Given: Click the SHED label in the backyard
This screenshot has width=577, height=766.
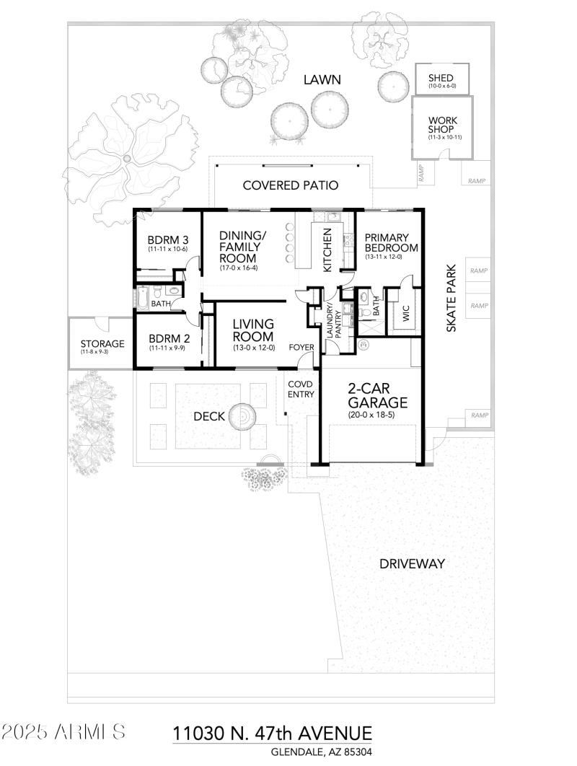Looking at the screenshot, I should pyautogui.click(x=441, y=78).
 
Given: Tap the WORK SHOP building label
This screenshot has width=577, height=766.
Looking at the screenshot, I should pyautogui.click(x=441, y=125).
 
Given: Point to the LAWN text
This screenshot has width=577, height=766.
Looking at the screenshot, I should pyautogui.click(x=321, y=80).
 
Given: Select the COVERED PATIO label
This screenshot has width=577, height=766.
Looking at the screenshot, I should pyautogui.click(x=290, y=185).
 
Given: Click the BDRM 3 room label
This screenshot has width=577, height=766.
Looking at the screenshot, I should pyautogui.click(x=167, y=240).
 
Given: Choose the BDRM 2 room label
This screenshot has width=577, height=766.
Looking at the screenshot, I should pyautogui.click(x=167, y=339).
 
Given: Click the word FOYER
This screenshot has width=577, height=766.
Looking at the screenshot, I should pyautogui.click(x=301, y=348).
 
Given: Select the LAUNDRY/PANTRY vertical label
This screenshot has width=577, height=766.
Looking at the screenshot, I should pyautogui.click(x=332, y=322).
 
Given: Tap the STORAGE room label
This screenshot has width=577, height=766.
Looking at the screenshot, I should pyautogui.click(x=102, y=344).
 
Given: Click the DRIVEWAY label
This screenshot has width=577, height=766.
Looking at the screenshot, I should pyautogui.click(x=412, y=564).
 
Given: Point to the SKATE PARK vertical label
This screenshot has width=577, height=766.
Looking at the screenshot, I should pyautogui.click(x=452, y=299).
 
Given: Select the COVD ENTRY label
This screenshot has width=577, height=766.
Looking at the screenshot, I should pyautogui.click(x=301, y=389).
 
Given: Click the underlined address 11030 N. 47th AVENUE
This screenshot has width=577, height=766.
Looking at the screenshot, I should pyautogui.click(x=272, y=734).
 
